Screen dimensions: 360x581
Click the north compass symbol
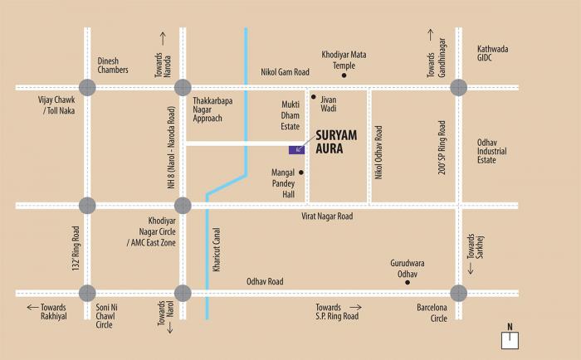pyautogui.click(x=510, y=337)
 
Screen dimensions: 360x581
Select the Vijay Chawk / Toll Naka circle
pyautogui.click(x=87, y=86)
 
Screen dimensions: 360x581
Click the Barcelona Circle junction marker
pyautogui.click(x=458, y=292)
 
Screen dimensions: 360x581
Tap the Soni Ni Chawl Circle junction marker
pyautogui.click(x=87, y=292)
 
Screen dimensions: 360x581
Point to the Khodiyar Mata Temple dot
pyautogui.click(x=345, y=75)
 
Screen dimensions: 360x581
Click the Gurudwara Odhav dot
pyautogui.click(x=407, y=283)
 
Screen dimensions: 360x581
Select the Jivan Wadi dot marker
pyautogui.click(x=313, y=97)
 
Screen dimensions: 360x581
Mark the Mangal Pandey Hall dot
pyautogui.click(x=301, y=173)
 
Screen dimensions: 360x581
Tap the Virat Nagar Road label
pyautogui.click(x=327, y=216)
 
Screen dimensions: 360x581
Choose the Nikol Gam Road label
pyautogui.click(x=286, y=72)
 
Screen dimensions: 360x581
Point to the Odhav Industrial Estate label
pyautogui.click(x=498, y=151)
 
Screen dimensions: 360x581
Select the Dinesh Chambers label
pyautogui.click(x=112, y=65)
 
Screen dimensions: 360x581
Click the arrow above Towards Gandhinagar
pyautogui.click(x=431, y=36)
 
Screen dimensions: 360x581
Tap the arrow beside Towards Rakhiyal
pyautogui.click(x=32, y=307)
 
